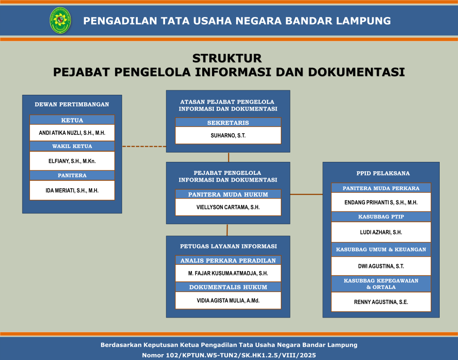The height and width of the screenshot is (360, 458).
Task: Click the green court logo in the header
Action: pos(60,20)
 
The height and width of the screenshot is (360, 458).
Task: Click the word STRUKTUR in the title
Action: pos(227,58)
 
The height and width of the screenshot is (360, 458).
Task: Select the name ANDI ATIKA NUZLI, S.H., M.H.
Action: pos(72,133)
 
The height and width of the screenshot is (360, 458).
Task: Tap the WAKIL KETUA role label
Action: pos(72,146)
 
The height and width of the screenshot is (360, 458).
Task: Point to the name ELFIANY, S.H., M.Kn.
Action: pos(72,161)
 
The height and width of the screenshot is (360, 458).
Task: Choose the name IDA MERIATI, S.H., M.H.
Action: pos(72,191)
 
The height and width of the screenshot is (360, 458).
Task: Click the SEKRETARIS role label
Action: pos(228,123)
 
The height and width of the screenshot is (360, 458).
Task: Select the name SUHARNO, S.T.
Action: pos(228,136)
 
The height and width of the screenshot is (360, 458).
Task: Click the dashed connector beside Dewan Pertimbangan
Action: pos(144,146)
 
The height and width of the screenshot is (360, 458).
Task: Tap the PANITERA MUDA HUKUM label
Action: pos(228,195)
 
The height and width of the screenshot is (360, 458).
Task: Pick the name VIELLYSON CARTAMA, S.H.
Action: pos(228,208)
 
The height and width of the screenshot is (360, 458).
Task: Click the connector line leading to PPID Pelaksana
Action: pos(306,194)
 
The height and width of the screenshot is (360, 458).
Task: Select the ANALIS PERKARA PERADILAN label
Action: pos(228,260)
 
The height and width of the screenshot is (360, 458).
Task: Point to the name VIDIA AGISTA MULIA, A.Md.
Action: pos(228,301)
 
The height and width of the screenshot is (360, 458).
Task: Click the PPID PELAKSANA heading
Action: pos(383,174)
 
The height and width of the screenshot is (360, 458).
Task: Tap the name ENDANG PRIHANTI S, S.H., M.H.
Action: pos(381,203)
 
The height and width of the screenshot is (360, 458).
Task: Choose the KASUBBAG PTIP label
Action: pos(381,216)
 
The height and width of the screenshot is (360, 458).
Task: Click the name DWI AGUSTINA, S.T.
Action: pos(381,266)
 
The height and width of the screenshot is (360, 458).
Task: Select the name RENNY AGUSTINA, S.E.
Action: pos(381,302)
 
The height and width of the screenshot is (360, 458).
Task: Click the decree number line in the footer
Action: pos(229,356)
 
